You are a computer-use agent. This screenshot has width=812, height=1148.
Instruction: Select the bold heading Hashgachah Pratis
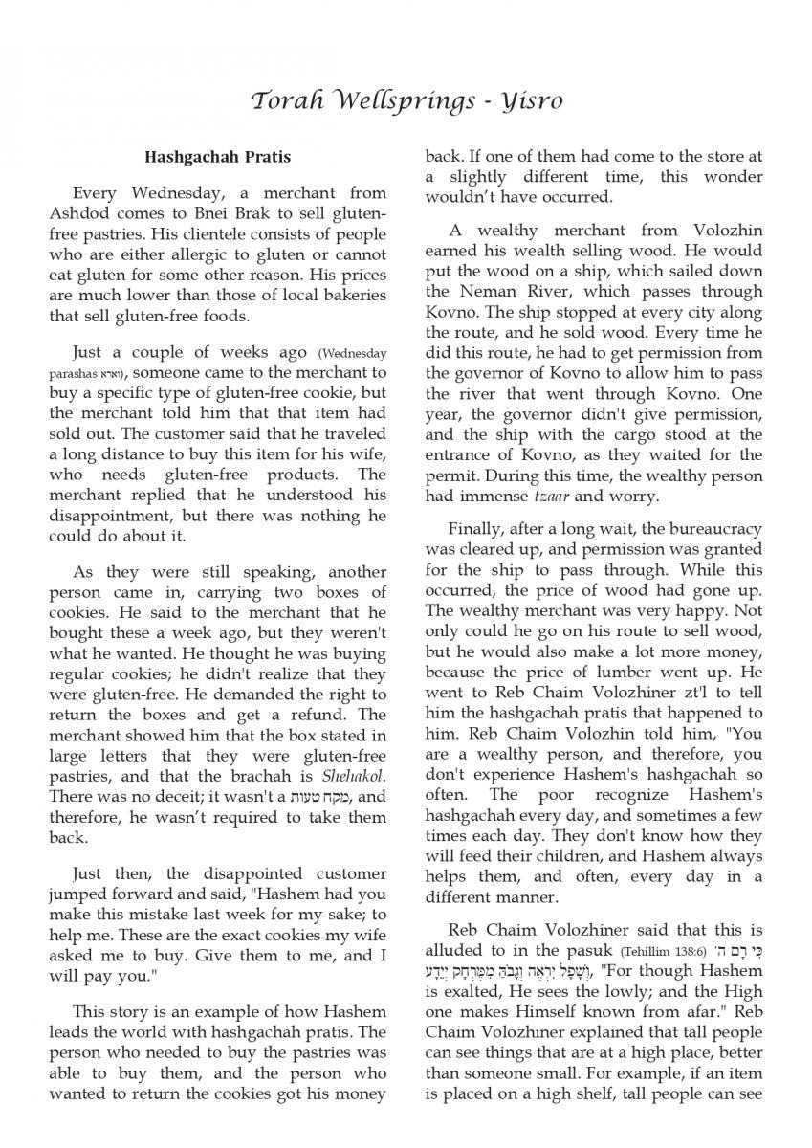click(x=217, y=157)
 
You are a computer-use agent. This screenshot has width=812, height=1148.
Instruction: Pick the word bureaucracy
click(x=708, y=528)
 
